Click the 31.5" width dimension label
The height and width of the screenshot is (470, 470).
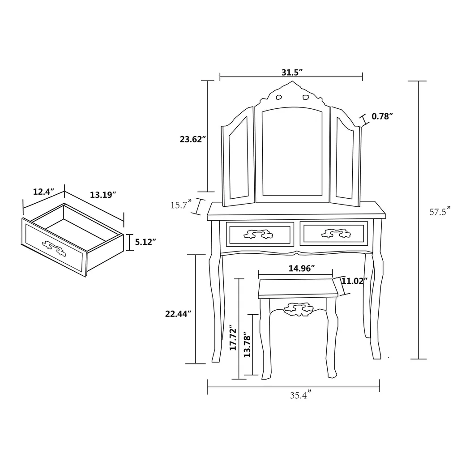[292, 73]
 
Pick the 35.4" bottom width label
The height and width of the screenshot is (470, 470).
[300, 395]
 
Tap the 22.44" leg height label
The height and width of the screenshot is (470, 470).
[178, 314]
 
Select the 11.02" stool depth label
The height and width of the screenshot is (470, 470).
[354, 281]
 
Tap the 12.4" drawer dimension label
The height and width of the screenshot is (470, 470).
[43, 192]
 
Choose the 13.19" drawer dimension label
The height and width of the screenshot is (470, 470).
[103, 195]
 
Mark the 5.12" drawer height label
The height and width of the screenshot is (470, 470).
[145, 242]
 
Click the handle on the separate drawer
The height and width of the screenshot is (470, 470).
[54, 247]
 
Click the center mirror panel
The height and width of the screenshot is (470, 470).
[292, 152]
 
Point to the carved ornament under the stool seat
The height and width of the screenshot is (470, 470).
[298, 309]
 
